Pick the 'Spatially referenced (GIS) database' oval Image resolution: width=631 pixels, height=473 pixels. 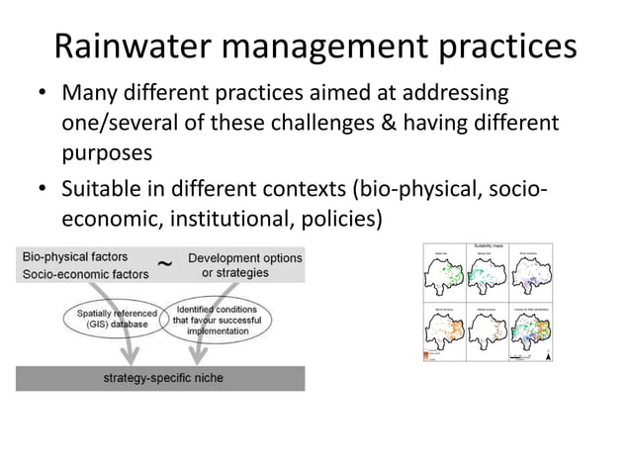point(116,318)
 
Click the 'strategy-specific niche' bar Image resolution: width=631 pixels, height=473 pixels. point(159,378)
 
